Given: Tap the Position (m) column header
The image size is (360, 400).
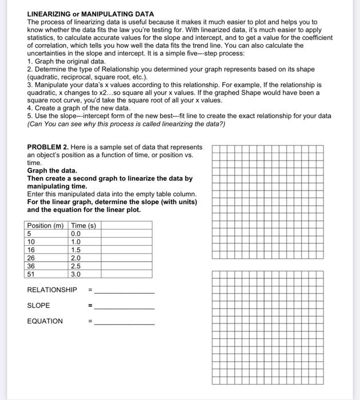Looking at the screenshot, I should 45,226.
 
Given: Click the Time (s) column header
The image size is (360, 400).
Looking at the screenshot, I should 83,226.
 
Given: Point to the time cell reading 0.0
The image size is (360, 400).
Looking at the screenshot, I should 76,234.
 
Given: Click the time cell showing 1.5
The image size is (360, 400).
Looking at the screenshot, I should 76,250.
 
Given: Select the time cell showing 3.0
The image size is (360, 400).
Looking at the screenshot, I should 76,274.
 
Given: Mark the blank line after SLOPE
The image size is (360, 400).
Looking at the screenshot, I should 124,307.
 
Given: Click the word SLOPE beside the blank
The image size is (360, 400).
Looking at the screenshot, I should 39,305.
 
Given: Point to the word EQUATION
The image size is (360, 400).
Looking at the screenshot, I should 45,321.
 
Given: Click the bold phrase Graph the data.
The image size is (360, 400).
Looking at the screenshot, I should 52,170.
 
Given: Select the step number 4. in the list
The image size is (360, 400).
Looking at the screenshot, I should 30,107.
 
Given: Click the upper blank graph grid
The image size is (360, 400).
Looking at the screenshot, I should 267,202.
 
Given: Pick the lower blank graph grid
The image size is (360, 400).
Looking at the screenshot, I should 267,327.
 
